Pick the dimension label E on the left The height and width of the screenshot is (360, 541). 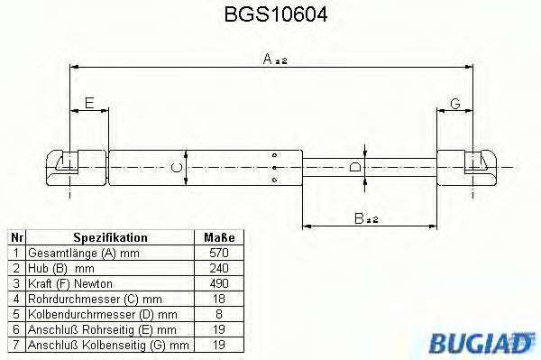[88, 102]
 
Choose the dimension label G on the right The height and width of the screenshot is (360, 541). [454, 104]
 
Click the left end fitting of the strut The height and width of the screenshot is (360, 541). [69, 165]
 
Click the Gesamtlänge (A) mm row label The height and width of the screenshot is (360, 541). [76, 253]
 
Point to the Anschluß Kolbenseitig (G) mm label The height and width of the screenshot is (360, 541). [107, 345]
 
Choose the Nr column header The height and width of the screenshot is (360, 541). [15, 237]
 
